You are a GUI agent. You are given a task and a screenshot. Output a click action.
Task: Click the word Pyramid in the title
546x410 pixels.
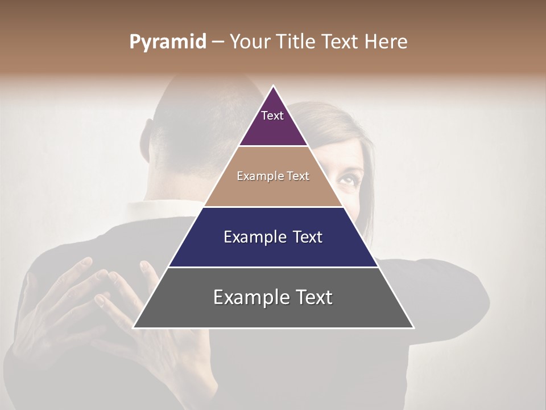point(168,42)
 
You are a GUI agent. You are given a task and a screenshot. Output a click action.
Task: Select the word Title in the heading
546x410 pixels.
point(299,42)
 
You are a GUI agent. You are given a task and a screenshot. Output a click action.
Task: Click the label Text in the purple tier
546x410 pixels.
point(272,116)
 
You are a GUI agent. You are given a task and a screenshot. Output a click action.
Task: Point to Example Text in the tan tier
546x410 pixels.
point(273,176)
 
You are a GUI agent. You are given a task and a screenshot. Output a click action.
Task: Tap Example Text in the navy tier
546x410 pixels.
point(273,237)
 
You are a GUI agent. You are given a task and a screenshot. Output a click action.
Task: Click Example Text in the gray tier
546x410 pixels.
point(273,297)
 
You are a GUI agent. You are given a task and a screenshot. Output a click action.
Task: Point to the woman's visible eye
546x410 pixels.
point(346,180)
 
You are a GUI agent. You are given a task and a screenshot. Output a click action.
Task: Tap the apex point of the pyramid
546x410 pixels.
point(274,86)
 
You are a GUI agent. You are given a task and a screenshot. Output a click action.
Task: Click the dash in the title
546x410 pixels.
point(218,42)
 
